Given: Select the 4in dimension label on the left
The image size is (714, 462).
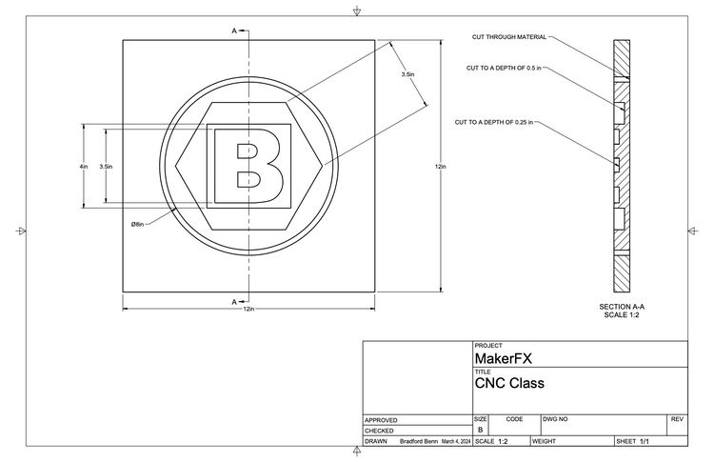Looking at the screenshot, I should coord(84,166).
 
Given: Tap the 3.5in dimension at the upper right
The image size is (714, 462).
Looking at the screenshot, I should coord(407,74).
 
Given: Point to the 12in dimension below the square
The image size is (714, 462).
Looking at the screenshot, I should coord(249,309).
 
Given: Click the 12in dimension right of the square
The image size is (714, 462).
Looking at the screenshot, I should coord(440,166).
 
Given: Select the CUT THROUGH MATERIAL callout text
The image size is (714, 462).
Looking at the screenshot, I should coord(509,37).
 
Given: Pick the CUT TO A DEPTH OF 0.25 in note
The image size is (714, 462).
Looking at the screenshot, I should coord(494,122).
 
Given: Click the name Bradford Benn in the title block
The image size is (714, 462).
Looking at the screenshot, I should coord(419,442).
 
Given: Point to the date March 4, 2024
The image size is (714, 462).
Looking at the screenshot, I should coord(456,442).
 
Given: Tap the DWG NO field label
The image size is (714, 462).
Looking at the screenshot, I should coord(555,418).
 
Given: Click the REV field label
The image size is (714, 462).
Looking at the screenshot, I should coord(677,418).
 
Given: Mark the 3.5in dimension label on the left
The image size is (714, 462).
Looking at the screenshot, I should coord(106,166).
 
